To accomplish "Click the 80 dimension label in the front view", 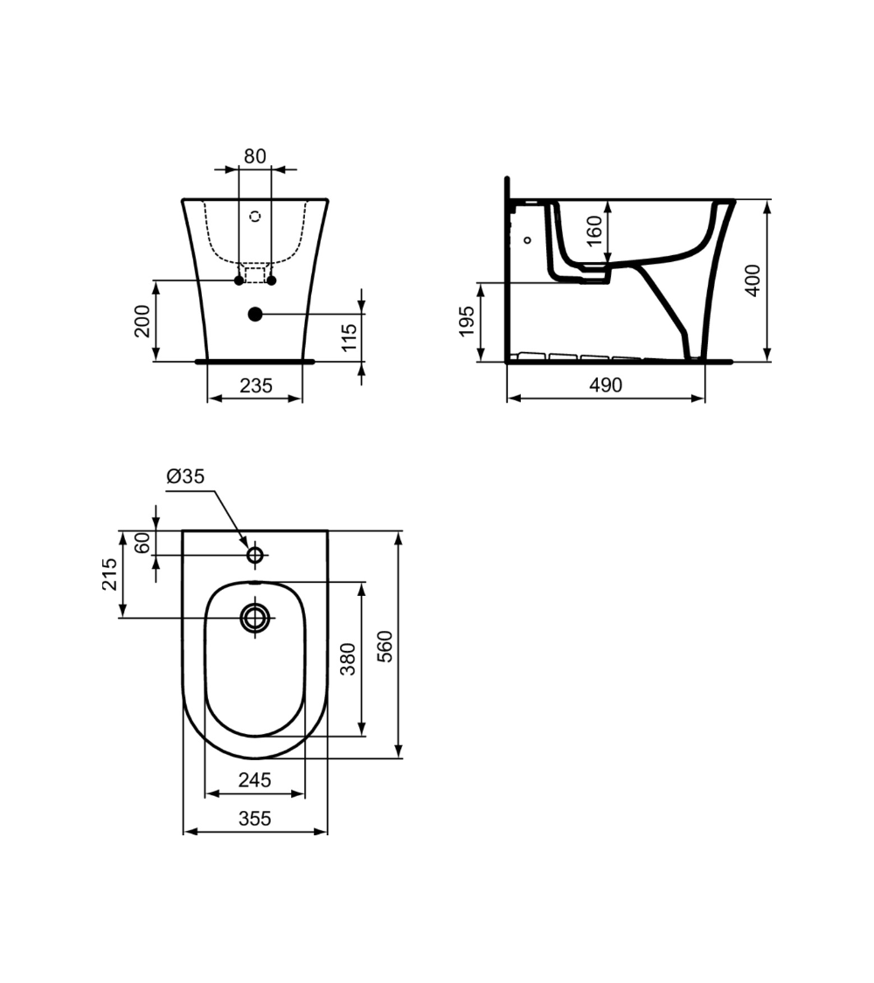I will (254, 156).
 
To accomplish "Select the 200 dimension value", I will (143, 321).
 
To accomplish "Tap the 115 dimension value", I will (349, 336).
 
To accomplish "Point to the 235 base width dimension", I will (255, 385).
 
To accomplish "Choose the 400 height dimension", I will (753, 280).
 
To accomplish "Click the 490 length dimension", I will (605, 385).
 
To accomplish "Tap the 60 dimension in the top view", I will (143, 543).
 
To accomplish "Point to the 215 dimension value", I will (110, 574).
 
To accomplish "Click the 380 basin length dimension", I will (348, 659).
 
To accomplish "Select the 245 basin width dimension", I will (254, 780).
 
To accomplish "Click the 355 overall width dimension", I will (254, 819).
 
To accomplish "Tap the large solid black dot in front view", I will (255, 313).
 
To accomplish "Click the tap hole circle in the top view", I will (255, 554).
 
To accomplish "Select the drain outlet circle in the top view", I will (256, 617).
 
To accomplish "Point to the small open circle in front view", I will (255, 216).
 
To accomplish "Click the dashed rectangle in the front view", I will (254, 274).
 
